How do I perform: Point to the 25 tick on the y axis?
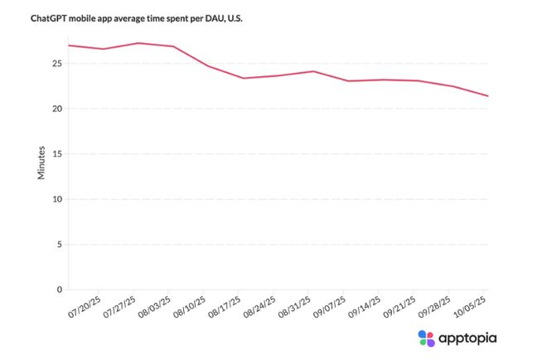pyautogui.click(x=58, y=63)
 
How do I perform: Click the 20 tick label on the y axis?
pyautogui.click(x=58, y=109)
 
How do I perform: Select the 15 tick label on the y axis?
pyautogui.click(x=58, y=154)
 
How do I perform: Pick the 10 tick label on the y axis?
pyautogui.click(x=58, y=199)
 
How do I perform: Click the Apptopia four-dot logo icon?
pyautogui.click(x=426, y=338)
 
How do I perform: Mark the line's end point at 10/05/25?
pyautogui.click(x=488, y=96)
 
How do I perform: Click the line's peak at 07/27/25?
pyautogui.click(x=138, y=43)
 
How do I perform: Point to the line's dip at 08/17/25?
pyautogui.click(x=243, y=78)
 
